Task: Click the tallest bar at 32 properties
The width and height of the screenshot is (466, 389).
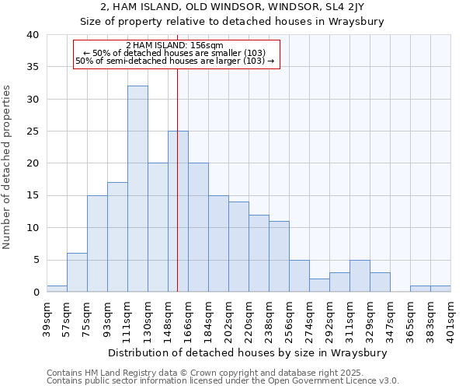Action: click(x=137, y=189)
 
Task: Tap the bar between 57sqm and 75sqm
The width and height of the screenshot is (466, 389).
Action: click(x=77, y=272)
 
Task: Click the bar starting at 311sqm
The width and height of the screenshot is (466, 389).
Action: click(x=360, y=276)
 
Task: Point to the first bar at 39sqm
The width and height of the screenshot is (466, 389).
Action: click(x=57, y=289)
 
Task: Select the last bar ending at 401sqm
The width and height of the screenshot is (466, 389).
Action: click(x=440, y=289)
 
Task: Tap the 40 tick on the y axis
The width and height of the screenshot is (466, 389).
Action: click(x=33, y=35)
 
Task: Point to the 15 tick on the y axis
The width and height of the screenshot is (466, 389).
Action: click(x=33, y=195)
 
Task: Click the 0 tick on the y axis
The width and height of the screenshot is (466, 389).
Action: click(x=36, y=292)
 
